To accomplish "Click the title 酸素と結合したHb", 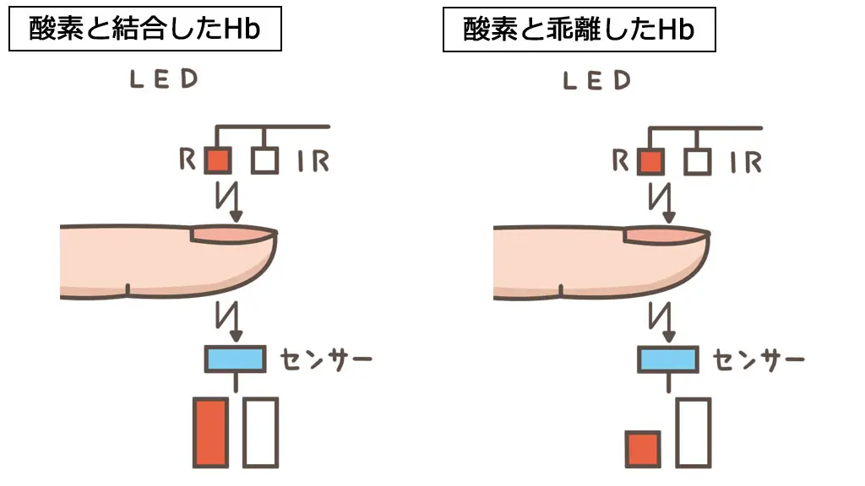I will [x=144, y=31].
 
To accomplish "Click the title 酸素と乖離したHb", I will [x=579, y=31].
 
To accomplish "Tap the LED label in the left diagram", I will [x=164, y=80].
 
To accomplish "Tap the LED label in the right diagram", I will [x=597, y=81].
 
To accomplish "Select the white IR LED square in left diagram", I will [x=265, y=160].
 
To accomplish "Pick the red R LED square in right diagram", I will [x=650, y=160].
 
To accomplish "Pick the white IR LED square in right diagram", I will [x=698, y=160].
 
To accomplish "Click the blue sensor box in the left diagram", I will [x=236, y=359].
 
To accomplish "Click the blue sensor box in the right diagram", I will [x=667, y=359].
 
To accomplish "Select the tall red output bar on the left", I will [x=211, y=432].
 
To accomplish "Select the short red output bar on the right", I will [x=643, y=449].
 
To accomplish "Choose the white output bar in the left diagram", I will [x=260, y=432].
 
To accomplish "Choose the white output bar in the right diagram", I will [x=693, y=432].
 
